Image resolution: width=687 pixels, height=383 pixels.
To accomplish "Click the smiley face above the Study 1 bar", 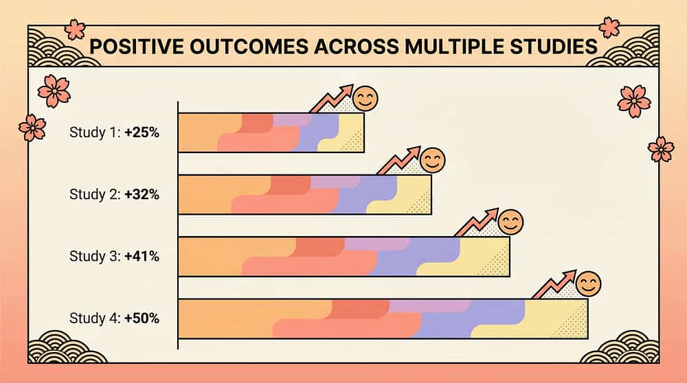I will click(365, 99).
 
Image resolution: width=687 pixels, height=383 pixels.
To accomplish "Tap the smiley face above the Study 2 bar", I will click(432, 161).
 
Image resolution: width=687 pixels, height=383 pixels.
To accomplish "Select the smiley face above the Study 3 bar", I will click(510, 222).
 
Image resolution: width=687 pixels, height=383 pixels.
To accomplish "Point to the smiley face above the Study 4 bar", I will click(588, 283).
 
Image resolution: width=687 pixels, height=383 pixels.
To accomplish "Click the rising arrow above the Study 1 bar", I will click(333, 99).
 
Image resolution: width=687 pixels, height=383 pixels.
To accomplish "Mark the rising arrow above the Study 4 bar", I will click(555, 284).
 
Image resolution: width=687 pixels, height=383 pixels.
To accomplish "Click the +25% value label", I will click(142, 132).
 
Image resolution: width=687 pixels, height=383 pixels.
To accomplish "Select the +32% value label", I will click(142, 194).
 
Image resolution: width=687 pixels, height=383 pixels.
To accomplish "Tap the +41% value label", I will click(142, 256).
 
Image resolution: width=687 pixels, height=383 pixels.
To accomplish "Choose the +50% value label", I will click(142, 318).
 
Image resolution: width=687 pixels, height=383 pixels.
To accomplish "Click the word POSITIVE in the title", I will click(137, 47).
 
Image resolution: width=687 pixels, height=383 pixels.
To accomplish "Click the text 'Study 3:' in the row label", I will click(95, 256).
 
